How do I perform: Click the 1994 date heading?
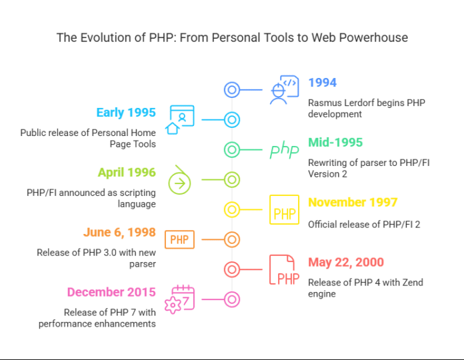pyautogui.click(x=322, y=83)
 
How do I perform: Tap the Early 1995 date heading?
pyautogui.click(x=125, y=113)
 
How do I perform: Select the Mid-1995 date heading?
pyautogui.click(x=335, y=143)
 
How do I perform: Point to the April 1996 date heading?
pyautogui.click(x=127, y=173)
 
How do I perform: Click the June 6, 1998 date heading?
pyautogui.click(x=119, y=233)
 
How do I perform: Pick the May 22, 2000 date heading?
pyautogui.click(x=345, y=263)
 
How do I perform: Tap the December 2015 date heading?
pyautogui.click(x=111, y=292)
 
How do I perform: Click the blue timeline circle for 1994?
pyautogui.click(x=231, y=90)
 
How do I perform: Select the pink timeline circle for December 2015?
pyautogui.click(x=231, y=299)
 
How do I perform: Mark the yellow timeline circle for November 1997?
pyautogui.click(x=231, y=210)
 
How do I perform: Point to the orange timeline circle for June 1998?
pyautogui.click(x=231, y=239)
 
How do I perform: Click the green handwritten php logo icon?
pyautogui.click(x=285, y=150)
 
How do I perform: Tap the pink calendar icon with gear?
pyautogui.click(x=181, y=299)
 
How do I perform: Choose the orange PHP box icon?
pyautogui.click(x=179, y=239)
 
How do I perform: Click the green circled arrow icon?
pyautogui.click(x=180, y=180)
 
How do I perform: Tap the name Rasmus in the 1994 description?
pyautogui.click(x=326, y=102)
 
